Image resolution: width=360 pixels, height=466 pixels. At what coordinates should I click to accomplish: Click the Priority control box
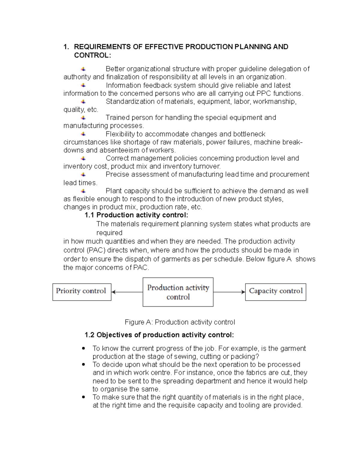82,292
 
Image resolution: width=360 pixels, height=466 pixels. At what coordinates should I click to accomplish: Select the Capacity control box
275,292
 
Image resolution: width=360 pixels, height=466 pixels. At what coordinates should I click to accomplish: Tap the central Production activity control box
178,292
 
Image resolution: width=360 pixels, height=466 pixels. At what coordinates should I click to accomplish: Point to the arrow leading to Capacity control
229,292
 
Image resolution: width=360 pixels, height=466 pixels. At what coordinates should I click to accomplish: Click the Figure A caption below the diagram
180,322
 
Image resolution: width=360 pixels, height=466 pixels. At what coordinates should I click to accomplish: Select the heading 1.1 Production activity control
136,215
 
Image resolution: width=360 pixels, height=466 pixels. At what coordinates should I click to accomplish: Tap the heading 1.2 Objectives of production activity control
159,335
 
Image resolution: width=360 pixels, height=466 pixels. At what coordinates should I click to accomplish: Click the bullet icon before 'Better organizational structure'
83,69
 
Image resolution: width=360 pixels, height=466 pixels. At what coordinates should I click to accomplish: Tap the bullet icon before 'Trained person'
83,118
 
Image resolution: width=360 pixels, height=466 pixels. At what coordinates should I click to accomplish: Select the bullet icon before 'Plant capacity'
83,191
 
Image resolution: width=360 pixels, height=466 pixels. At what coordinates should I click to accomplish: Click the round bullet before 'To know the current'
84,348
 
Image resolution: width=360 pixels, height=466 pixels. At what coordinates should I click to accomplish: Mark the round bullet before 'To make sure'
84,397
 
